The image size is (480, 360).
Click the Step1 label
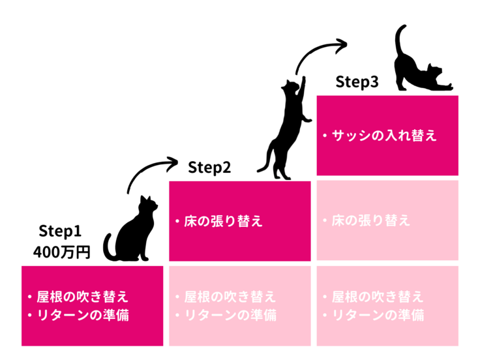pyautogui.click(x=59, y=231)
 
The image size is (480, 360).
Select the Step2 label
pyautogui.click(x=209, y=168)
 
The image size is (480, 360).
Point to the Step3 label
pyautogui.click(x=357, y=82)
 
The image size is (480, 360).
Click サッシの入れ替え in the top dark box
pyautogui.click(x=384, y=136)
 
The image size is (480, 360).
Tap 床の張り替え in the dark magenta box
pyautogui.click(x=222, y=221)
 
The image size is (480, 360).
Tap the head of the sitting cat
pyautogui.click(x=148, y=205)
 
